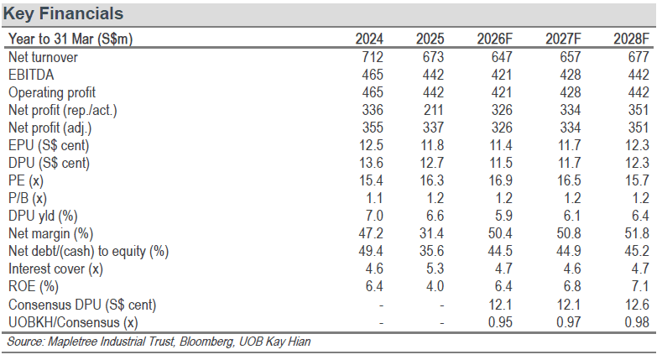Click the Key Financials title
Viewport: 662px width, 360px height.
click(x=63, y=13)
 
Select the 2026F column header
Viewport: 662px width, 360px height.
click(x=494, y=39)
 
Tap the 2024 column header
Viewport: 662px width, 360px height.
click(x=369, y=39)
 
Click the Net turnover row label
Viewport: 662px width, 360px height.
click(x=43, y=57)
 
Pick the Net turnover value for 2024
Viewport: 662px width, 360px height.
click(x=373, y=57)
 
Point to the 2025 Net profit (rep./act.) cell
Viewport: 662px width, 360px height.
click(x=433, y=110)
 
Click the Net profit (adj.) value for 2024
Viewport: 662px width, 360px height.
click(x=373, y=128)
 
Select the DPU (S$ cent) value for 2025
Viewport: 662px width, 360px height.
click(x=431, y=163)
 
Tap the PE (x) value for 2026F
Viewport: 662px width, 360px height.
click(x=500, y=180)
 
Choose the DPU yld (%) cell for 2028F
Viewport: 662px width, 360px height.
click(x=640, y=216)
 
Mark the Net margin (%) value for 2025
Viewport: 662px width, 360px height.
click(x=431, y=233)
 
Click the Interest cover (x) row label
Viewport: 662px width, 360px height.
click(x=55, y=269)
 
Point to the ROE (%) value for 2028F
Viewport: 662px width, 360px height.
click(x=640, y=286)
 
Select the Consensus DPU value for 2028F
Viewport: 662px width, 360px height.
click(x=637, y=305)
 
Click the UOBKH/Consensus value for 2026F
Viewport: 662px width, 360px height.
click(x=500, y=322)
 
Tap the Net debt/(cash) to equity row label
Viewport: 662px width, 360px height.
click(x=89, y=251)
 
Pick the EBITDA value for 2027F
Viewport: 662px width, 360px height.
click(x=570, y=75)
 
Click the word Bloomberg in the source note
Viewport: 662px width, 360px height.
click(x=206, y=342)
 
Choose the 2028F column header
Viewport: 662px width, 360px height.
click(x=631, y=39)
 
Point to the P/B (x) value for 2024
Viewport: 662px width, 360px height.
click(x=374, y=198)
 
